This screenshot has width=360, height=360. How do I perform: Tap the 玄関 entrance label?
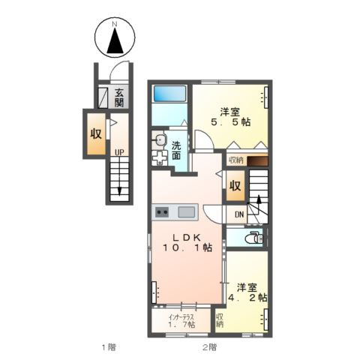coord(119,97)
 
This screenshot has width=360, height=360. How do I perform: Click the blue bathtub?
coord(169,94)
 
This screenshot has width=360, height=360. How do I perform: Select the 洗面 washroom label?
coord(176,151)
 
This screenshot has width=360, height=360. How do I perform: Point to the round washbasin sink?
coord(160,140)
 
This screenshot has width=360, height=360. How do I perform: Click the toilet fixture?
coord(256,238)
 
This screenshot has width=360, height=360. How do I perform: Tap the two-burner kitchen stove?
coord(162,212)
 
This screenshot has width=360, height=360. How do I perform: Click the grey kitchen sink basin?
coord(186,212)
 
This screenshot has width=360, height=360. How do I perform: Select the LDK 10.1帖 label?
coord(187,242)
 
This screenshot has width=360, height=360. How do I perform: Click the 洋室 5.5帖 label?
coord(230,117)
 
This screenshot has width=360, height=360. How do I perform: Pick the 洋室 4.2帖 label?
coord(247,292)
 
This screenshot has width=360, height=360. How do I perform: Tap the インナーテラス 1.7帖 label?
coord(181,321)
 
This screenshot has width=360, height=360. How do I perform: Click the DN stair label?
coord(239,214)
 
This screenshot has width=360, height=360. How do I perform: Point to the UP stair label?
coord(119,152)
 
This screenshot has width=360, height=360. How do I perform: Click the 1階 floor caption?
coord(109,347)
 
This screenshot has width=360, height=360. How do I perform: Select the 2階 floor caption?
coord(209,347)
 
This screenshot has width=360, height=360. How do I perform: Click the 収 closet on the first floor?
coord(96,134)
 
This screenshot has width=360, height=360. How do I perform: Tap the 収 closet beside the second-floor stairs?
coord(235,186)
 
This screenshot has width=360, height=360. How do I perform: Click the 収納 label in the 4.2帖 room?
coord(220,320)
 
